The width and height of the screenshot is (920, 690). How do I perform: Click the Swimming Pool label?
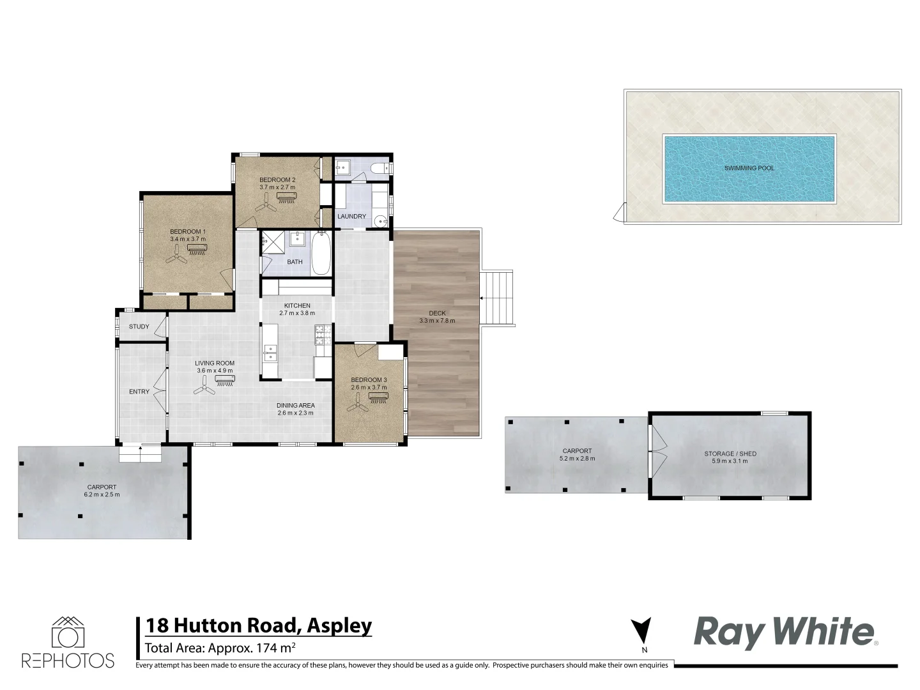pos(749,168)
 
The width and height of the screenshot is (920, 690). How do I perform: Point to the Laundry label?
pos(352,217)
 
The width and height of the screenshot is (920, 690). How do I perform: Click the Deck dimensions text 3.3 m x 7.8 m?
pos(437,321)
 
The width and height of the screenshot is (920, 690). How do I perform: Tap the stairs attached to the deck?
pos(497,298)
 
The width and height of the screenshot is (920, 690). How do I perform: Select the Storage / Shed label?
pos(730,454)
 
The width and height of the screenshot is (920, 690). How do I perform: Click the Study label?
pos(139,326)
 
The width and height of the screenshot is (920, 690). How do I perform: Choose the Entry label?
pos(139,392)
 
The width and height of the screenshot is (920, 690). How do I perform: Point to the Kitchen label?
pos(297,306)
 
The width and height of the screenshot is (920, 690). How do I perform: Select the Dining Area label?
pos(295,406)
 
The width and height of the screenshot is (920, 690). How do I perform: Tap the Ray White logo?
pos(784,632)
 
